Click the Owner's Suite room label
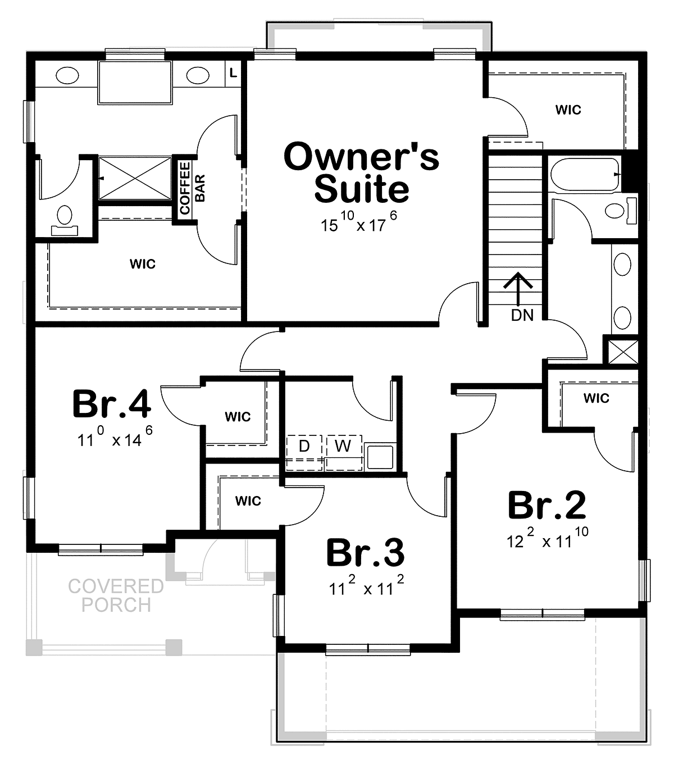coord(361,172)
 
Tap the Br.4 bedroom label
coord(112,404)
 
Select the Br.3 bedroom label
coord(366,553)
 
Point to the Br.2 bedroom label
coord(547,505)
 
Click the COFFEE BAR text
coord(192,188)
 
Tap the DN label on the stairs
coord(522,315)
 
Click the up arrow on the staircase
coord(518,289)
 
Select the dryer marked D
coord(304,453)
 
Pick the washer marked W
coord(344,453)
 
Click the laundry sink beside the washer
coord(380,457)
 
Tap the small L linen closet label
coord(234,73)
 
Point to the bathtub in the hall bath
coord(585,174)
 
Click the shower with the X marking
coord(135,179)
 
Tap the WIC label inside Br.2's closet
coord(596,398)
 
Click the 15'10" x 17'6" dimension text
coord(359,222)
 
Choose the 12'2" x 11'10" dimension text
coord(547,538)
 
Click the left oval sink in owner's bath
coord(67,75)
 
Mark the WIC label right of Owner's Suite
coord(568,110)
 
